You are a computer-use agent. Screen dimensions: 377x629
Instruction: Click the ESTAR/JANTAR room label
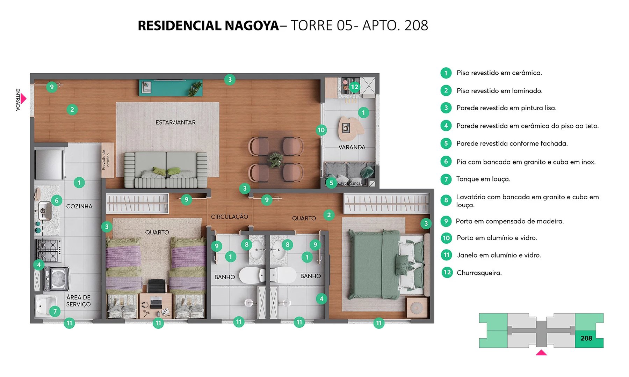tap(175, 123)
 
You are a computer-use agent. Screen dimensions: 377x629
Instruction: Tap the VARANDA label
tap(352, 147)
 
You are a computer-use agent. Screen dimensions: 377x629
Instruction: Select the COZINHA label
tap(79, 206)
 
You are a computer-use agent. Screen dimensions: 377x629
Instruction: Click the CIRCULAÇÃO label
tap(230, 217)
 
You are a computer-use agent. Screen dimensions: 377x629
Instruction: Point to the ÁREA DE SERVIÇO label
tap(79, 301)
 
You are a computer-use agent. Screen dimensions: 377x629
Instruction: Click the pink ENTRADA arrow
tap(23, 99)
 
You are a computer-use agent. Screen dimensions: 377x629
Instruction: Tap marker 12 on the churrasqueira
tap(354, 87)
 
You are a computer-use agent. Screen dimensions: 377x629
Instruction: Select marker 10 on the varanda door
tap(321, 130)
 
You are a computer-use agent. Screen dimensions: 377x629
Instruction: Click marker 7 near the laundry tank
tap(55, 311)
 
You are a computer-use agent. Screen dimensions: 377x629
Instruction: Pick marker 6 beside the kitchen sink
tap(57, 200)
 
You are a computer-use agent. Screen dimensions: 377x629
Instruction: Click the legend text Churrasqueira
tap(479, 273)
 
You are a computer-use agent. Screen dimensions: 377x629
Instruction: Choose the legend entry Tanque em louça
tap(483, 179)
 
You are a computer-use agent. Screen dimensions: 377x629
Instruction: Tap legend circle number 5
tap(446, 143)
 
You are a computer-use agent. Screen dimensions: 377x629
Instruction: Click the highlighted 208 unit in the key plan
tap(586, 338)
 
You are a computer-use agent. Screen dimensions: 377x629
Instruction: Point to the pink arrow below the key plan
tap(541, 353)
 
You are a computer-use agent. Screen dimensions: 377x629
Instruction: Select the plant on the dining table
tap(276, 160)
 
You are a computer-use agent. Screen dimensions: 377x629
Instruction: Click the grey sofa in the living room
tap(166, 170)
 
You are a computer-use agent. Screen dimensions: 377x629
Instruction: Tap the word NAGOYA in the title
tap(251, 26)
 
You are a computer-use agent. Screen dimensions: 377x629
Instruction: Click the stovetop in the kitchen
tap(49, 250)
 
